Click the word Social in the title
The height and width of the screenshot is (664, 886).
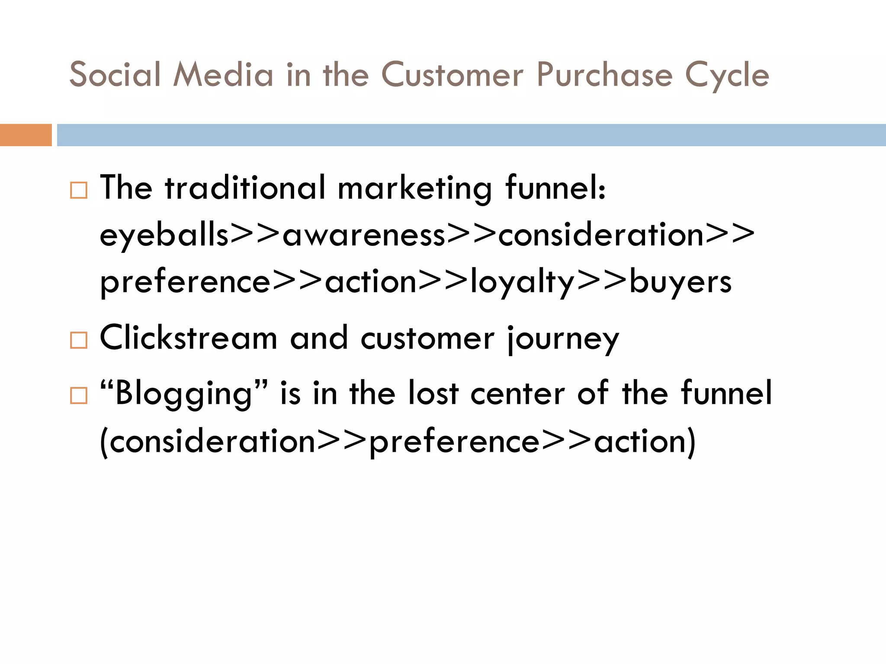tap(115, 74)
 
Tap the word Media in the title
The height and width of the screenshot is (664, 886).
tap(223, 74)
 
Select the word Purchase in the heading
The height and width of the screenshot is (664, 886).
tap(604, 74)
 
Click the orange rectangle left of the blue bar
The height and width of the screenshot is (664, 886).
tap(26, 135)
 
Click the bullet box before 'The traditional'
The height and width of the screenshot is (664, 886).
tap(79, 190)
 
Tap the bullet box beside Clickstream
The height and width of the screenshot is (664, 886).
tap(79, 340)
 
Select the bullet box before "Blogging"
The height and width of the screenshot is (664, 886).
tap(79, 395)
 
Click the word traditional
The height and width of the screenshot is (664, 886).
tap(245, 188)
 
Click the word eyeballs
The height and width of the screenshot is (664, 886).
tap(164, 236)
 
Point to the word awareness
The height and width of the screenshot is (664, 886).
tap(364, 236)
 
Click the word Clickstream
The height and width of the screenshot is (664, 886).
tap(189, 338)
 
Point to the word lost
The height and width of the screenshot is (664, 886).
tap(433, 393)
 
